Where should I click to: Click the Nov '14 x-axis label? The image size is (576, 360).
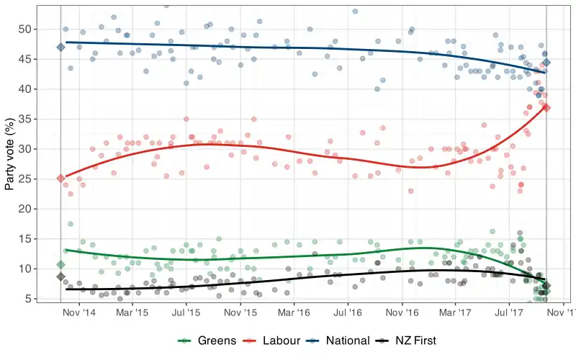click(x=78, y=314)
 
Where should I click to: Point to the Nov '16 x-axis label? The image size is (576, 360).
click(x=402, y=314)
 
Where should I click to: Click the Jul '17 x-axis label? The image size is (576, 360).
click(x=510, y=314)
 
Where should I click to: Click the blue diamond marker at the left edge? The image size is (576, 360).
click(x=61, y=48)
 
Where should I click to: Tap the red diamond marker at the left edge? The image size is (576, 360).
click(x=61, y=179)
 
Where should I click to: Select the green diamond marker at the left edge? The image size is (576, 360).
click(x=61, y=265)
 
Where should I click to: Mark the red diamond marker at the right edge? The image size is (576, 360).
click(x=547, y=107)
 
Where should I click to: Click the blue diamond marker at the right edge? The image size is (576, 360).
click(x=547, y=63)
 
